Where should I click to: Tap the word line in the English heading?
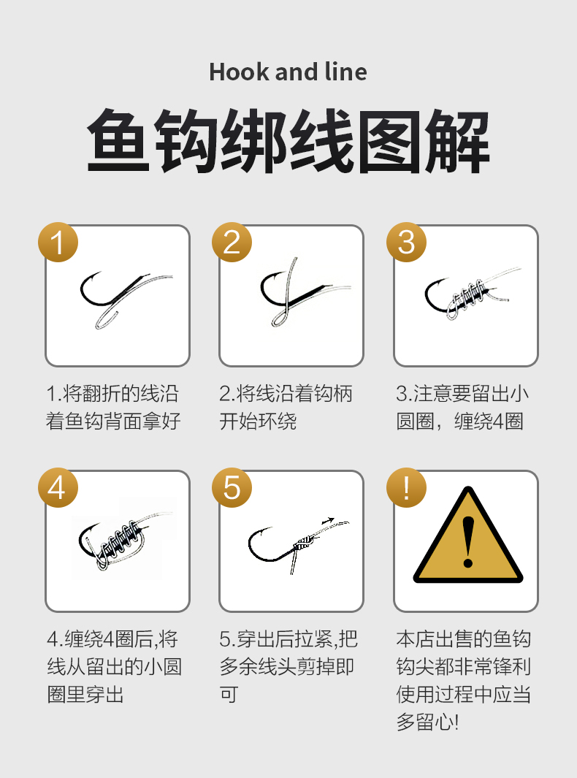tap(345, 72)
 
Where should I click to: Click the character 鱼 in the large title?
tap(118, 140)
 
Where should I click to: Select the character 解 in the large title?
tap(457, 140)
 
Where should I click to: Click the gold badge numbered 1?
tap(58, 242)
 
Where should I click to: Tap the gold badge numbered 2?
tap(232, 242)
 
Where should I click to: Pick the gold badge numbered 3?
tap(406, 242)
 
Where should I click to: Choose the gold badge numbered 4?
tap(58, 487)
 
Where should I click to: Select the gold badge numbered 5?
tap(232, 487)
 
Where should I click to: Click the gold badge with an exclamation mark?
tap(406, 487)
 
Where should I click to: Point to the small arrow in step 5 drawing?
tap(328, 521)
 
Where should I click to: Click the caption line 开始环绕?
tap(258, 422)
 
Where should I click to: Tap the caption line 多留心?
tap(427, 722)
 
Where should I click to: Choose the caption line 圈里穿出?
tap(85, 694)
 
